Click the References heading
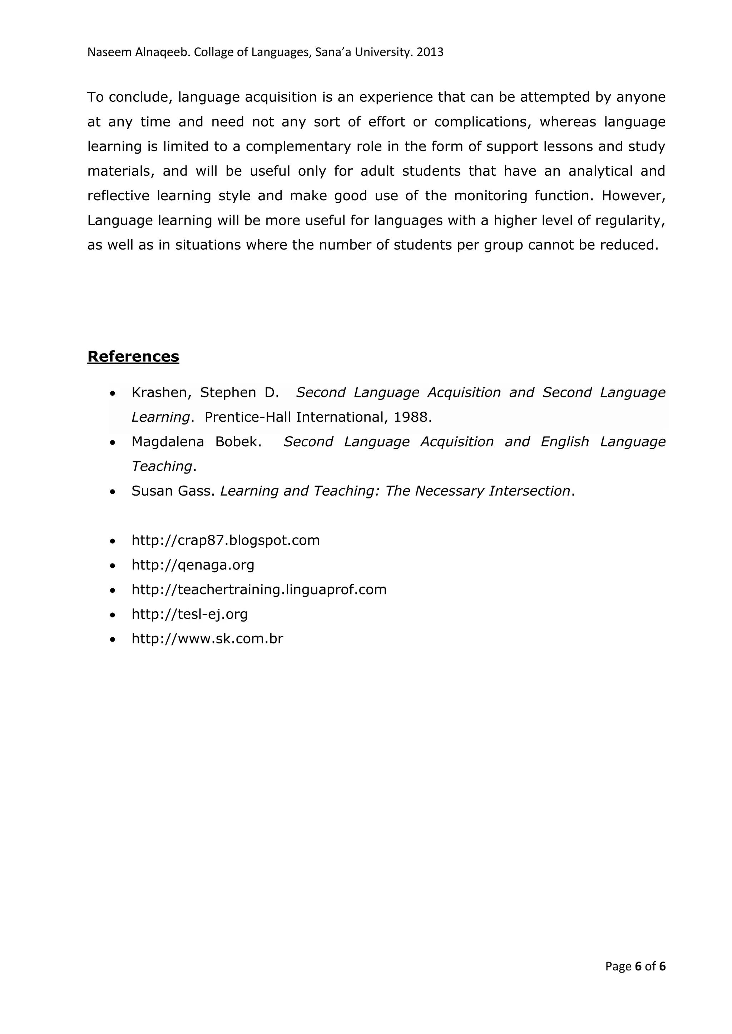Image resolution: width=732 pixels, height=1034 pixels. (x=133, y=356)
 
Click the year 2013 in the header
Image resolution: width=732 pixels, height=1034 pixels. (x=430, y=52)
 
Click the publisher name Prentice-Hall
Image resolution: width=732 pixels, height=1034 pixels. (x=248, y=417)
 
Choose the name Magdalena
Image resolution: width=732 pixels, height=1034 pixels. (x=168, y=442)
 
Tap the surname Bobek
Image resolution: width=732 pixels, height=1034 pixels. (x=238, y=442)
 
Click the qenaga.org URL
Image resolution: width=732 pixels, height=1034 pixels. (x=193, y=565)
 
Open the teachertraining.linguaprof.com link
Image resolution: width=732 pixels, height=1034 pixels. (x=259, y=589)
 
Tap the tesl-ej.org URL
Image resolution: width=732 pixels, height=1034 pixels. (x=189, y=614)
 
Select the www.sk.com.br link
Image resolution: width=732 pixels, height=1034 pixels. (x=207, y=639)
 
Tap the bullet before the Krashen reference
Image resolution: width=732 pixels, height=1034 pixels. (x=113, y=393)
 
